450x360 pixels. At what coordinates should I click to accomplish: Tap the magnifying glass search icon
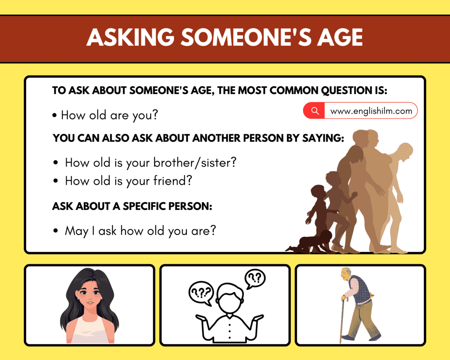(315, 111)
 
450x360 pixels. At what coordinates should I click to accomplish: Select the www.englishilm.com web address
(371, 111)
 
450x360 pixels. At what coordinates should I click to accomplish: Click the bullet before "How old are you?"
(54, 116)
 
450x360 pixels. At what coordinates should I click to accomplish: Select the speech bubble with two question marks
(255, 278)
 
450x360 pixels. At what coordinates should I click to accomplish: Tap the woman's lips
(90, 303)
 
